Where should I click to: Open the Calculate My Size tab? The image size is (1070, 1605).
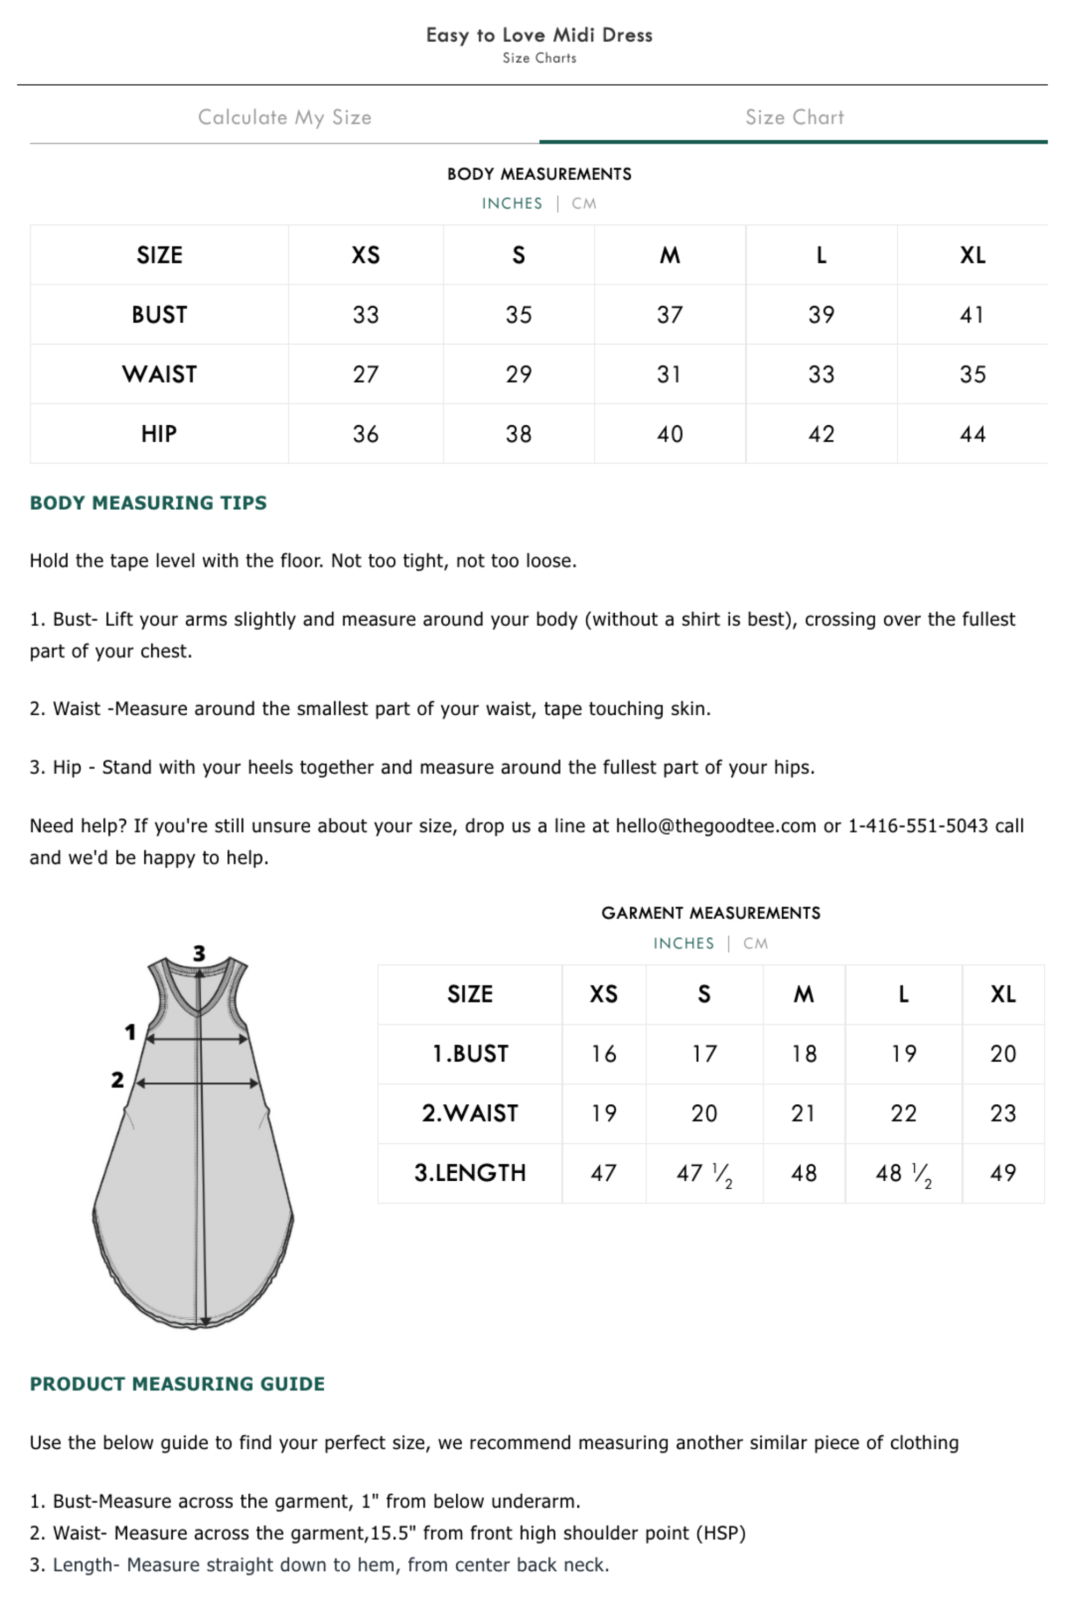[285, 117]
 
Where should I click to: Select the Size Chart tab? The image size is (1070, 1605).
[794, 117]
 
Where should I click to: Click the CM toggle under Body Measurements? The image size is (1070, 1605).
[584, 203]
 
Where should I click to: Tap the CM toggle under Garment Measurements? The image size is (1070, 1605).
[755, 943]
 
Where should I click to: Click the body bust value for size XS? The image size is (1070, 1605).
[366, 315]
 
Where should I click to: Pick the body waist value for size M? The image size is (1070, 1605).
[669, 374]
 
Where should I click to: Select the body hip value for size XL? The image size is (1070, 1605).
[973, 434]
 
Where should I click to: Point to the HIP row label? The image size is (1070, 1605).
[159, 434]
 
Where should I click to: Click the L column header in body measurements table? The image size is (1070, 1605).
[821, 255]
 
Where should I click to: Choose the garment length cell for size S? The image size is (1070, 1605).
[704, 1174]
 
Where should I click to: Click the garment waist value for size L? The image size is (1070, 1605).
[904, 1114]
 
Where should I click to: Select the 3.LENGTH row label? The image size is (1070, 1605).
[470, 1173]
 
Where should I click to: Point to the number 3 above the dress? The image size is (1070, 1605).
[199, 953]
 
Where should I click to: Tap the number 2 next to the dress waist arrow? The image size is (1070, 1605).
[117, 1080]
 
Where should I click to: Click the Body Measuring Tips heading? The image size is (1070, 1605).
[148, 503]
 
